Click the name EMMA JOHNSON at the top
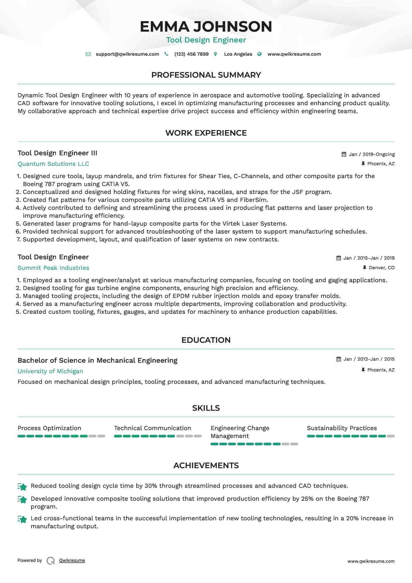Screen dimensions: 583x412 click(206, 26)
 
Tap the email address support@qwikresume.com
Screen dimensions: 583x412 click(127, 54)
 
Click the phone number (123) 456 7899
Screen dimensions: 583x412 click(191, 54)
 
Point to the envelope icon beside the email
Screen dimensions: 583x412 click(88, 54)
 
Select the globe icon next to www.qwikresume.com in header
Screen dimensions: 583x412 click(259, 54)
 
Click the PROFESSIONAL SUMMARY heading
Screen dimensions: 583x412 click(206, 75)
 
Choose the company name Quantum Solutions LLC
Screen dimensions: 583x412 click(53, 164)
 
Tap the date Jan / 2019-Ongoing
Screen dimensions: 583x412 click(372, 154)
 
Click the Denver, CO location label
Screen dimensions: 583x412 click(381, 268)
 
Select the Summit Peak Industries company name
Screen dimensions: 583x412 click(53, 268)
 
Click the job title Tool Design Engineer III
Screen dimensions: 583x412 click(57, 153)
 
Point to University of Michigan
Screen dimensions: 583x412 click(50, 371)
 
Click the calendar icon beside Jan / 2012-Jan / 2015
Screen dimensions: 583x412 click(339, 359)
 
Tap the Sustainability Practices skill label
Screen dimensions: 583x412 click(342, 428)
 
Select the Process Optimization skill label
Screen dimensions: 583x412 click(49, 428)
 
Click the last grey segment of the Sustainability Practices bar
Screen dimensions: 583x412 click(391, 436)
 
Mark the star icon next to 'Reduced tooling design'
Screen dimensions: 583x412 click(22, 487)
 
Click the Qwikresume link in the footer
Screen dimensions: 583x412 click(72, 560)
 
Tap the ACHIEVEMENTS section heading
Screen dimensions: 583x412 click(206, 466)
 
